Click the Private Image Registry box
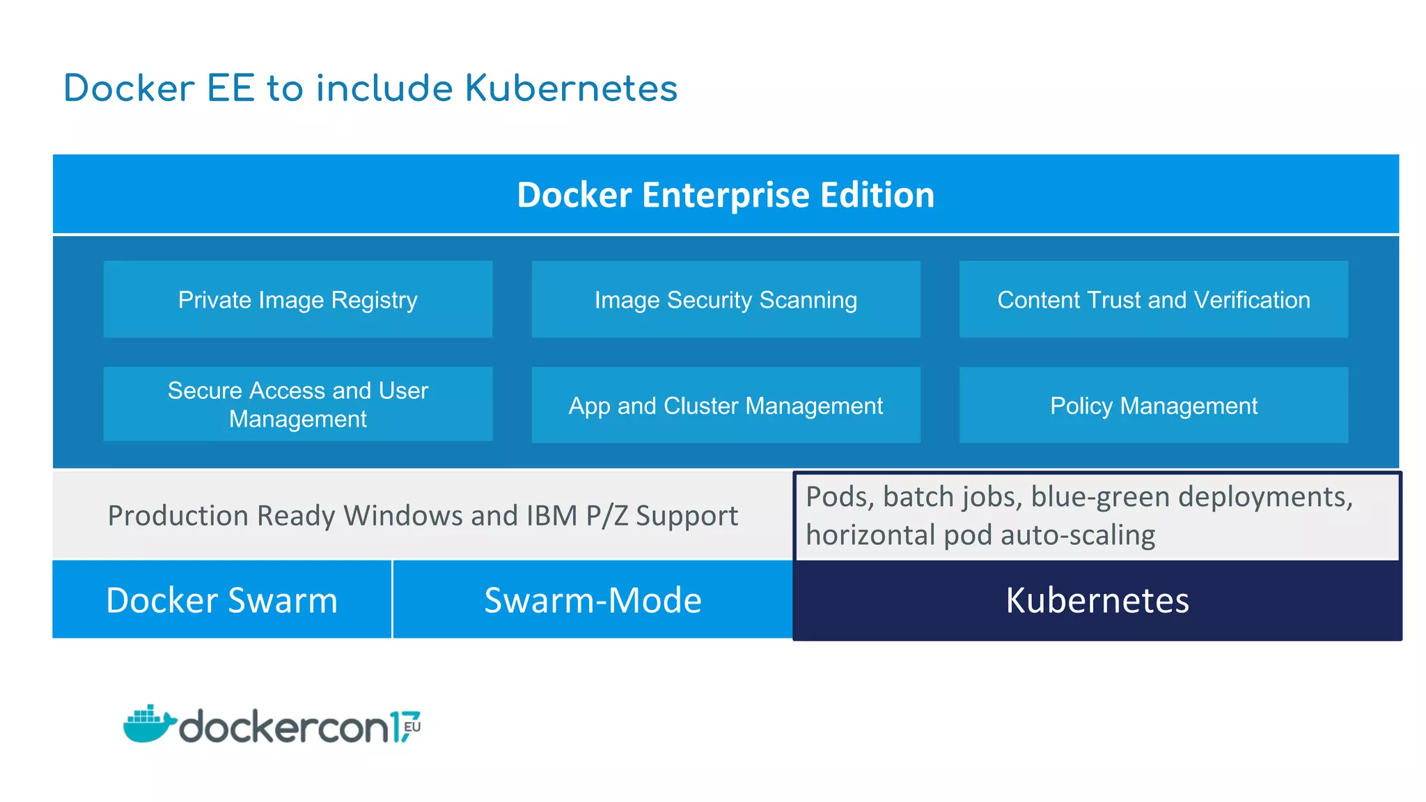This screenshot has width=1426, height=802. tap(297, 299)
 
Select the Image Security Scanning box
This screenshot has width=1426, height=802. tap(726, 299)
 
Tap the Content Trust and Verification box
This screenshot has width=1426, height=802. tap(1153, 299)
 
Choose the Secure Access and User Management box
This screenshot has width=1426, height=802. tap(297, 404)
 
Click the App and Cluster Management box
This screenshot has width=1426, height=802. tap(726, 405)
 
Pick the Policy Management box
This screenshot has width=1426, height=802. tap(1153, 405)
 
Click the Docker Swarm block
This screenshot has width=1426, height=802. tap(221, 599)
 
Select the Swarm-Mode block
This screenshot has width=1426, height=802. tap(593, 599)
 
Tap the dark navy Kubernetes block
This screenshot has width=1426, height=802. tap(1097, 599)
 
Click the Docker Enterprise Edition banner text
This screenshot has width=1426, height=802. tap(726, 194)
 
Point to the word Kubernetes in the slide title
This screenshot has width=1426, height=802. tap(571, 88)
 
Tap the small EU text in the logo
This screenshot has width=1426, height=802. tap(412, 726)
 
